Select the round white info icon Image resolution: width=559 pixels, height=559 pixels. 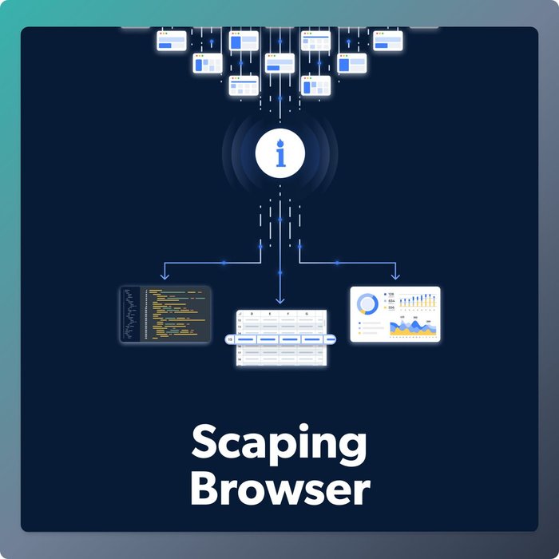(279, 151)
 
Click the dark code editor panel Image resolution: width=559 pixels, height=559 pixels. (165, 315)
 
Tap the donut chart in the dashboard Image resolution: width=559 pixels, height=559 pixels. (369, 304)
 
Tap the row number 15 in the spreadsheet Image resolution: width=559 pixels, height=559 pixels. (231, 339)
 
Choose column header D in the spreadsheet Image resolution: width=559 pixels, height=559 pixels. (252, 315)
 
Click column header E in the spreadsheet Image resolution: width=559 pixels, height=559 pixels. (271, 315)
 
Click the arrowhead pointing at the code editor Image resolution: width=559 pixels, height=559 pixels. (164, 276)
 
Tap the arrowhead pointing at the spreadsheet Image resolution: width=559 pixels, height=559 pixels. (279, 300)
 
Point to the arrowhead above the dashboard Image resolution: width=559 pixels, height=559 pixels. (394, 276)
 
